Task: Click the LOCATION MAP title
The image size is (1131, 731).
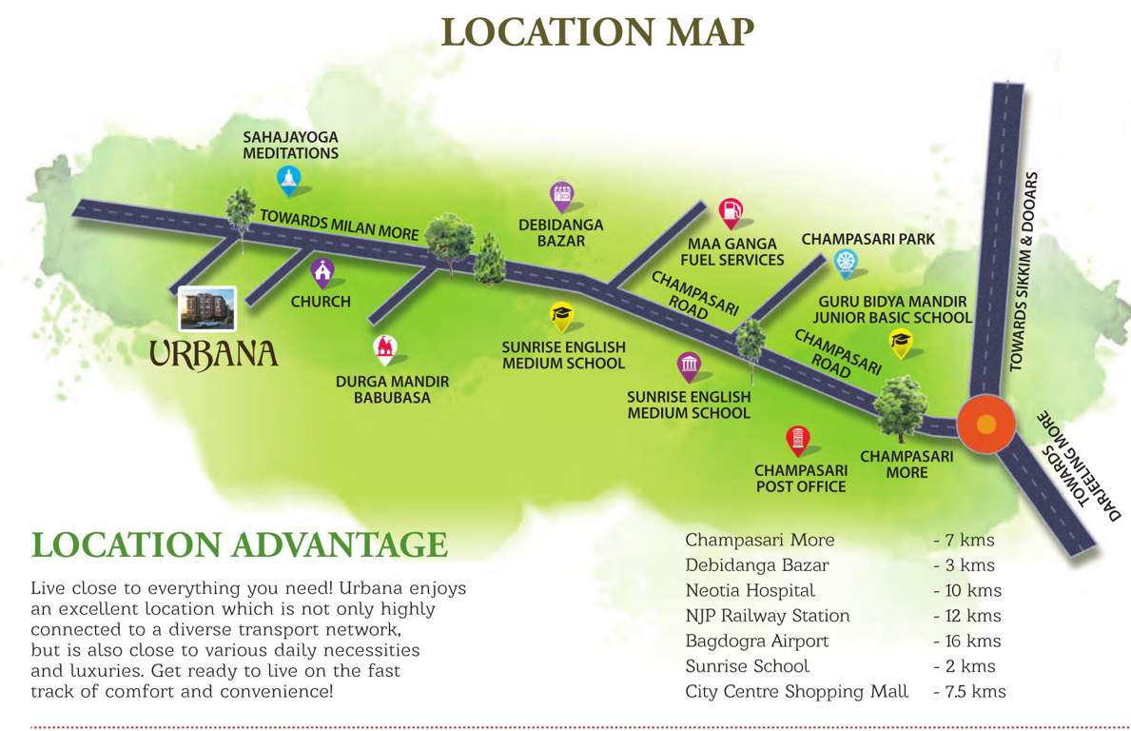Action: (597, 30)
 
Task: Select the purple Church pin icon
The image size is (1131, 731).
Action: (322, 273)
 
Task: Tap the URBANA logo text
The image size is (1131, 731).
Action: (214, 354)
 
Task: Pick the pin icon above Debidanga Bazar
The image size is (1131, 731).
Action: (561, 196)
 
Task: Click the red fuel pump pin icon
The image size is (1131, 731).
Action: (730, 211)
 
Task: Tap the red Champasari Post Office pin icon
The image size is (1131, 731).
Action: (797, 441)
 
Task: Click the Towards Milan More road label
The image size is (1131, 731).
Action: (339, 225)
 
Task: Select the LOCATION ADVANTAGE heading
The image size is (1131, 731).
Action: (239, 544)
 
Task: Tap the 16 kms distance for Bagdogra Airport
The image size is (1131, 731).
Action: (967, 641)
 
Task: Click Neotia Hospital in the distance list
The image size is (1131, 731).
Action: (750, 590)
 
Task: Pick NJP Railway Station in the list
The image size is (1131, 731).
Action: (767, 616)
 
